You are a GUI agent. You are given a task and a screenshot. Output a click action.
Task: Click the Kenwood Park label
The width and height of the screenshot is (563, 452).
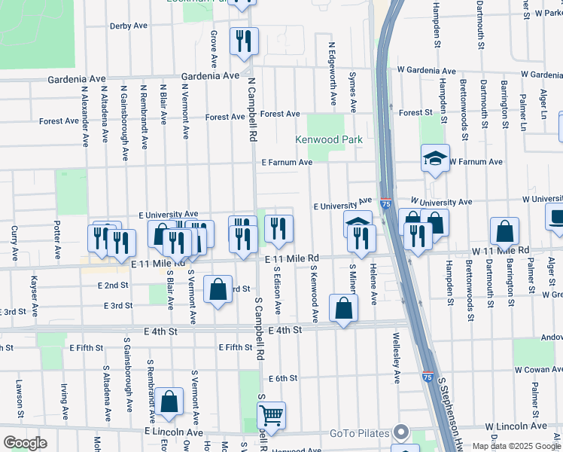tap(329, 139)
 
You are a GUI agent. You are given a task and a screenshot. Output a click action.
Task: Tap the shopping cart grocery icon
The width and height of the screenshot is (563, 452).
tap(270, 414)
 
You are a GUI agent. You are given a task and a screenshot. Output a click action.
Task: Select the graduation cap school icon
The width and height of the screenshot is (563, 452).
tap(434, 158)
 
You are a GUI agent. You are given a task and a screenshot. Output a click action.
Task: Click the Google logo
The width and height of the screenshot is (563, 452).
tap(25, 443)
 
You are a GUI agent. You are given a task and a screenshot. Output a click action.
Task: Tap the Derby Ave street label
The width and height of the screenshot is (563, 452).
tap(129, 26)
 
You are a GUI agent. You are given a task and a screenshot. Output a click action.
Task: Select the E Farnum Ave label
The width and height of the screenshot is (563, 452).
tap(287, 162)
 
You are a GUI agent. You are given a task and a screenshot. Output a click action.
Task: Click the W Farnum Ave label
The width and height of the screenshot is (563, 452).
tap(476, 162)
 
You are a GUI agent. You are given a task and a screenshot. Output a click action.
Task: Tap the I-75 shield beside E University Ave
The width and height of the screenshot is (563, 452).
tap(385, 203)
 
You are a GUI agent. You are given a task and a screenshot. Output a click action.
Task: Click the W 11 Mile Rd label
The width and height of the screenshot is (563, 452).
tap(501, 250)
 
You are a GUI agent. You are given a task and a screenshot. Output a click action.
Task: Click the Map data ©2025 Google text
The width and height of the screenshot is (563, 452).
tap(516, 446)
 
